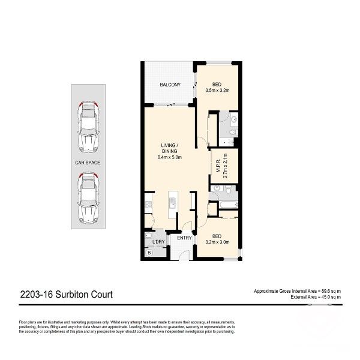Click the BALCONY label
tap(170, 85)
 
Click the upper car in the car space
tap(89, 126)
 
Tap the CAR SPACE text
tap(88, 162)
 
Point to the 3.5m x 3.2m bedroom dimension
tap(217, 91)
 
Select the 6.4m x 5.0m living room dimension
tap(169, 158)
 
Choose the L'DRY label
tap(158, 242)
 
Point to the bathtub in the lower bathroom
tap(228, 205)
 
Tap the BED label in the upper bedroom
tap(217, 85)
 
